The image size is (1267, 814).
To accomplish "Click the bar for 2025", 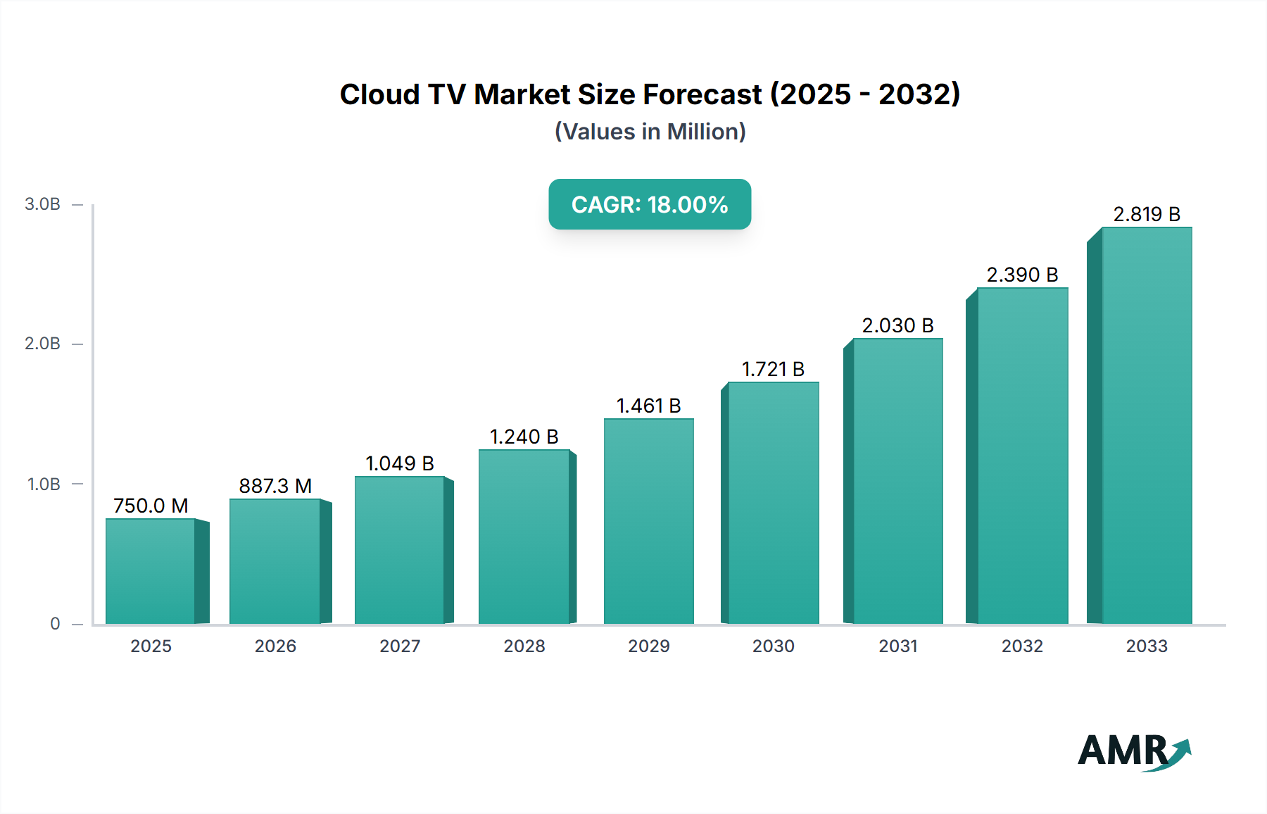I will (x=151, y=571).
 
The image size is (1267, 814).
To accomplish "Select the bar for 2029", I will (x=648, y=521).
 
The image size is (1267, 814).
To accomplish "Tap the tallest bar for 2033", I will (x=1146, y=425).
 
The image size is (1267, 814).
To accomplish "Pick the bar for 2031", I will (x=897, y=481).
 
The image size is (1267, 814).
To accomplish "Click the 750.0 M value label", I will (x=151, y=506).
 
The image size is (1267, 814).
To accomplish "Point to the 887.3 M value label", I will (x=275, y=486).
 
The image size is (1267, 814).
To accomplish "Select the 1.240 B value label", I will (x=524, y=437).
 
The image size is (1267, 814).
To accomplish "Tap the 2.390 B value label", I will (x=1022, y=275).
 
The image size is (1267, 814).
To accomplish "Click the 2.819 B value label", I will (x=1146, y=214).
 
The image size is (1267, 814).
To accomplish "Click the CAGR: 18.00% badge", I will (x=650, y=204).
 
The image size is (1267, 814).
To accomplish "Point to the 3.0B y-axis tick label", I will (x=42, y=204).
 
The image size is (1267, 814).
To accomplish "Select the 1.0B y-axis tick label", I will (x=43, y=484).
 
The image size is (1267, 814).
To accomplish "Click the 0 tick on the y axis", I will (x=55, y=623).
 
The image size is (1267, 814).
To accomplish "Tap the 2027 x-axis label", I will (x=400, y=646).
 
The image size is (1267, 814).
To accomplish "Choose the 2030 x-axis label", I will (x=773, y=646).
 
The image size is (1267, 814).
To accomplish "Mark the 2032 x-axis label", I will (x=1022, y=646).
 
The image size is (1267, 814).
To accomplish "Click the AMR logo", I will (x=1133, y=751).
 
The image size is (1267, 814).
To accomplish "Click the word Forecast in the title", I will (x=702, y=94).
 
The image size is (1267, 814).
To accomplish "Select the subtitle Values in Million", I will (x=650, y=132).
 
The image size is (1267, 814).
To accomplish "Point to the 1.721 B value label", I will (x=773, y=369).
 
